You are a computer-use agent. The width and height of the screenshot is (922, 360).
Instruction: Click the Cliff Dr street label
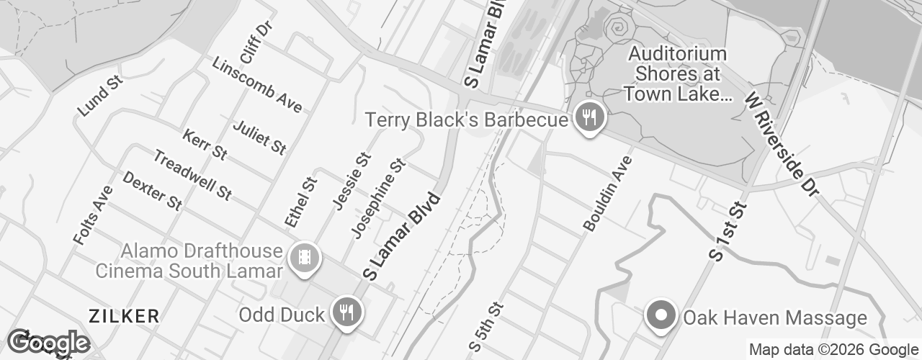pyautogui.click(x=256, y=42)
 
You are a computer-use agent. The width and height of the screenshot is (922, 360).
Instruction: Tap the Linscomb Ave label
pyautogui.click(x=256, y=84)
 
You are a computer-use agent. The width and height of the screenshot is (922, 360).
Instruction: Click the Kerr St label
pyautogui.click(x=205, y=145)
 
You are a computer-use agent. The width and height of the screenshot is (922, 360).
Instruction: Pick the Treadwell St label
pyautogui.click(x=192, y=175)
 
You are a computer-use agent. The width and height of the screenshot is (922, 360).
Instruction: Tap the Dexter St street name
pyautogui.click(x=152, y=191)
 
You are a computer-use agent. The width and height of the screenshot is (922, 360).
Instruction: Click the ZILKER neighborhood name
pyautogui.click(x=123, y=315)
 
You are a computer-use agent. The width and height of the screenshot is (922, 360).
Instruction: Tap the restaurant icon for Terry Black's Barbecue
pyautogui.click(x=589, y=118)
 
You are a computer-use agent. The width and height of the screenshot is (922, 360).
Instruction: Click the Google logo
pyautogui.click(x=48, y=343)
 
